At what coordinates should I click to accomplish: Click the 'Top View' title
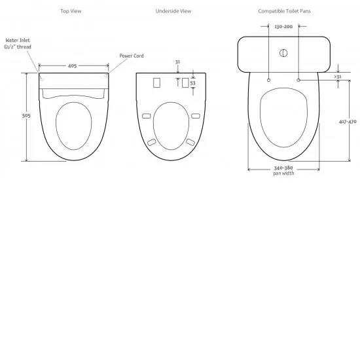coord(71,11)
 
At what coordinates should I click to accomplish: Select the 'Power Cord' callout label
coord(130,56)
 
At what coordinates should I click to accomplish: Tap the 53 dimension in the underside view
coord(193,84)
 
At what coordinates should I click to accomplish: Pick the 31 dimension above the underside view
coord(177,63)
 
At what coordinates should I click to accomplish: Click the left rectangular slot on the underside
coord(156,83)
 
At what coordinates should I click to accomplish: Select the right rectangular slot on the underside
coord(185,84)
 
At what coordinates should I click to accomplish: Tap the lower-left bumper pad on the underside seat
coord(152,142)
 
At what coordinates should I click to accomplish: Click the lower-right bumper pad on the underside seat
coord(190,142)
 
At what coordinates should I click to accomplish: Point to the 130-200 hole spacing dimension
coord(284,27)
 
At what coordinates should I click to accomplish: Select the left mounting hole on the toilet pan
coord(269,79)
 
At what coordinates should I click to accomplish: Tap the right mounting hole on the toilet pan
coord(298,79)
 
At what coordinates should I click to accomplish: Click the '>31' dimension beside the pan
coord(337,77)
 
